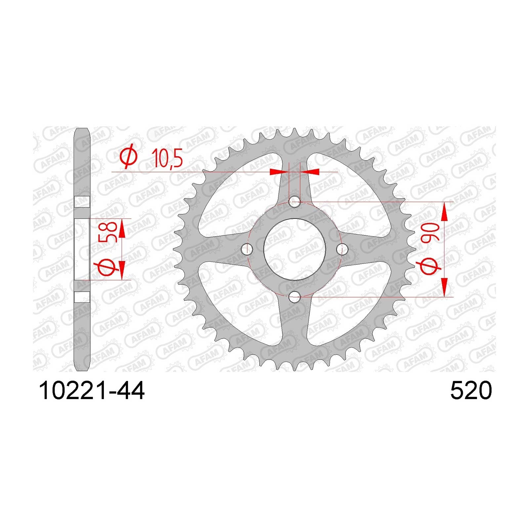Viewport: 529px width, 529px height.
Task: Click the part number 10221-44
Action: pos(92,391)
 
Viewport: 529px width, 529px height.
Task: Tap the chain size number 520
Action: pos(471,391)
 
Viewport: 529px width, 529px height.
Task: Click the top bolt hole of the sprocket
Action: pos(295,201)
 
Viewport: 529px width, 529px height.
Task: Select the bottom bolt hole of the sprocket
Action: pos(295,297)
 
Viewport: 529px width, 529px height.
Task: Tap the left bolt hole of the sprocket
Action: pos(247,249)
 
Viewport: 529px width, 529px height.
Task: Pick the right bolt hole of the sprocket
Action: pos(342,249)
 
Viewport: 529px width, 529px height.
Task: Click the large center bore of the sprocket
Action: pos(295,249)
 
